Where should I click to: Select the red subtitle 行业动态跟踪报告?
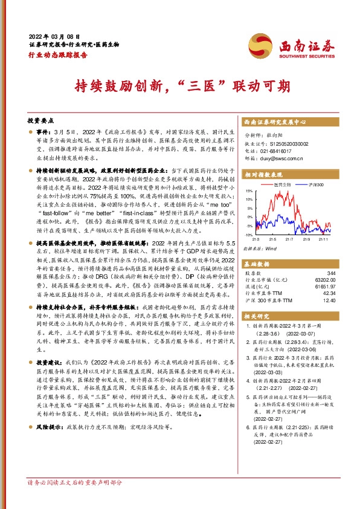(58, 54)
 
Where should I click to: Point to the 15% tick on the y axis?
(248, 190)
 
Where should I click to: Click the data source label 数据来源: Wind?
(259, 248)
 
